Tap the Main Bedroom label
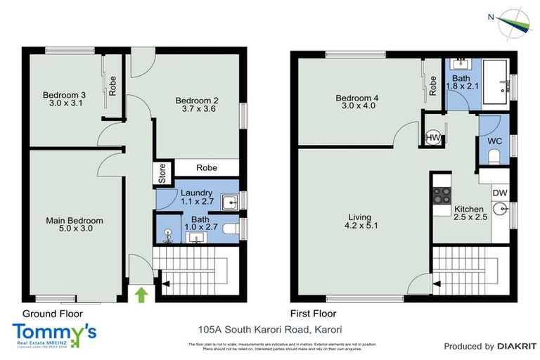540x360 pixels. point(70,219)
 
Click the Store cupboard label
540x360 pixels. point(162,174)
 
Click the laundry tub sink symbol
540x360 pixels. point(229,202)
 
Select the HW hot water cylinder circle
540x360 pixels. point(434,138)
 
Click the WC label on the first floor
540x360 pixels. point(494,141)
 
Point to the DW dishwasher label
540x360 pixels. point(499,193)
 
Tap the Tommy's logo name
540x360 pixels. point(54,331)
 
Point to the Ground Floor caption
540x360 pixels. point(53,314)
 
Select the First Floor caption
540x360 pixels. point(313,314)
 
